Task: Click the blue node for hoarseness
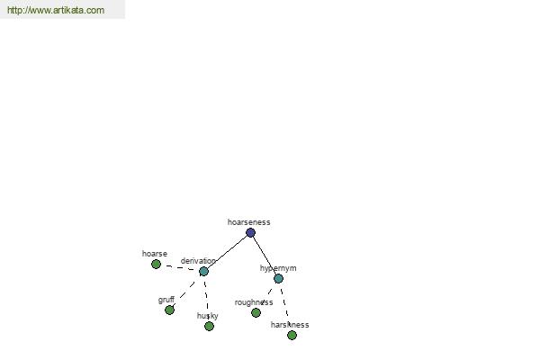pos(250,233)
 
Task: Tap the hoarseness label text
pos(248,222)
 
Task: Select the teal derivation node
pos(203,272)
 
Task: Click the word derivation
pos(198,261)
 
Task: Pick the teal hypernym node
pos(278,278)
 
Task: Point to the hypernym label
pos(278,268)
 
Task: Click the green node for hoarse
pos(156,265)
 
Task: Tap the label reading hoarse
pos(155,254)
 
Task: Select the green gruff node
pos(169,310)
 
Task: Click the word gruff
pos(166,300)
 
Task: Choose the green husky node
pos(209,326)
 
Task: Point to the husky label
pos(207,316)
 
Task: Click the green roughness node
pos(256,313)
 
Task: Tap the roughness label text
pos(254,302)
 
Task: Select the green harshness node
pos(292,335)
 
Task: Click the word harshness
pos(290,325)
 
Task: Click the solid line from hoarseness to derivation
pos(227,252)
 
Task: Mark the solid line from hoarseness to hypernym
pos(265,256)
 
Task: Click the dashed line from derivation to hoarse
pos(180,267)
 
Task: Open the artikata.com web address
pos(56,10)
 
